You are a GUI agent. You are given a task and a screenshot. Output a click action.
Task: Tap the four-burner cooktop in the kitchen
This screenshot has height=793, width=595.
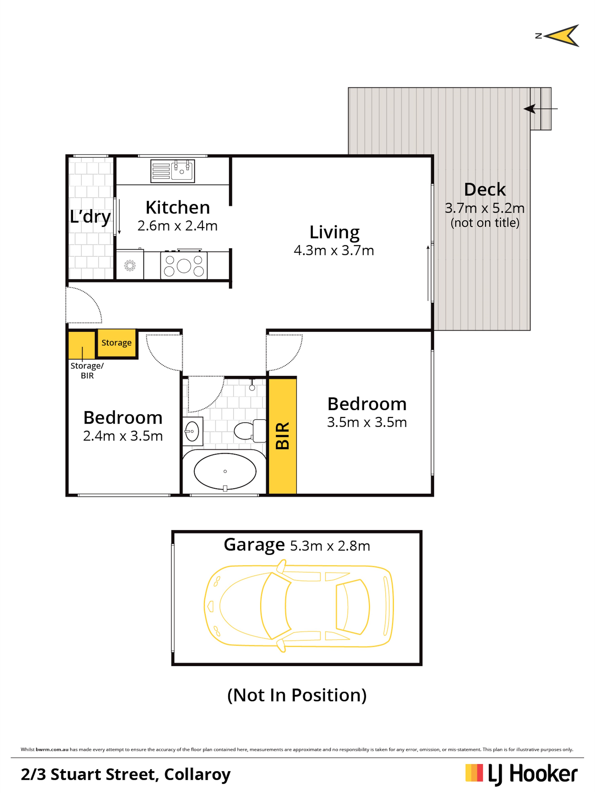click(184, 265)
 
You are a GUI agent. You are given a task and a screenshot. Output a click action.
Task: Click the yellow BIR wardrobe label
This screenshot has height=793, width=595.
click(282, 436)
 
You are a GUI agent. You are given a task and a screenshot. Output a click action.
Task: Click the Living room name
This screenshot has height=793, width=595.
click(334, 232)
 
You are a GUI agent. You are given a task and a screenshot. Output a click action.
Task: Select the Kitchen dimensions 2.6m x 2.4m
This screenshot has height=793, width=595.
click(177, 226)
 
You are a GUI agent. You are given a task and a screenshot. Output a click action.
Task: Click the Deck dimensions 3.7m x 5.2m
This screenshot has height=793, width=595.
click(485, 208)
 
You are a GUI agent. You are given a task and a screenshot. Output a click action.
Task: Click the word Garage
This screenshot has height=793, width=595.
click(254, 545)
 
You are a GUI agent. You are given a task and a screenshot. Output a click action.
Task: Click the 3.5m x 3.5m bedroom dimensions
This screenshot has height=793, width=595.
click(367, 422)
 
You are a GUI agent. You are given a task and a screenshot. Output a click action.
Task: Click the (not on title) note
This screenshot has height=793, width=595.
click(485, 223)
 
